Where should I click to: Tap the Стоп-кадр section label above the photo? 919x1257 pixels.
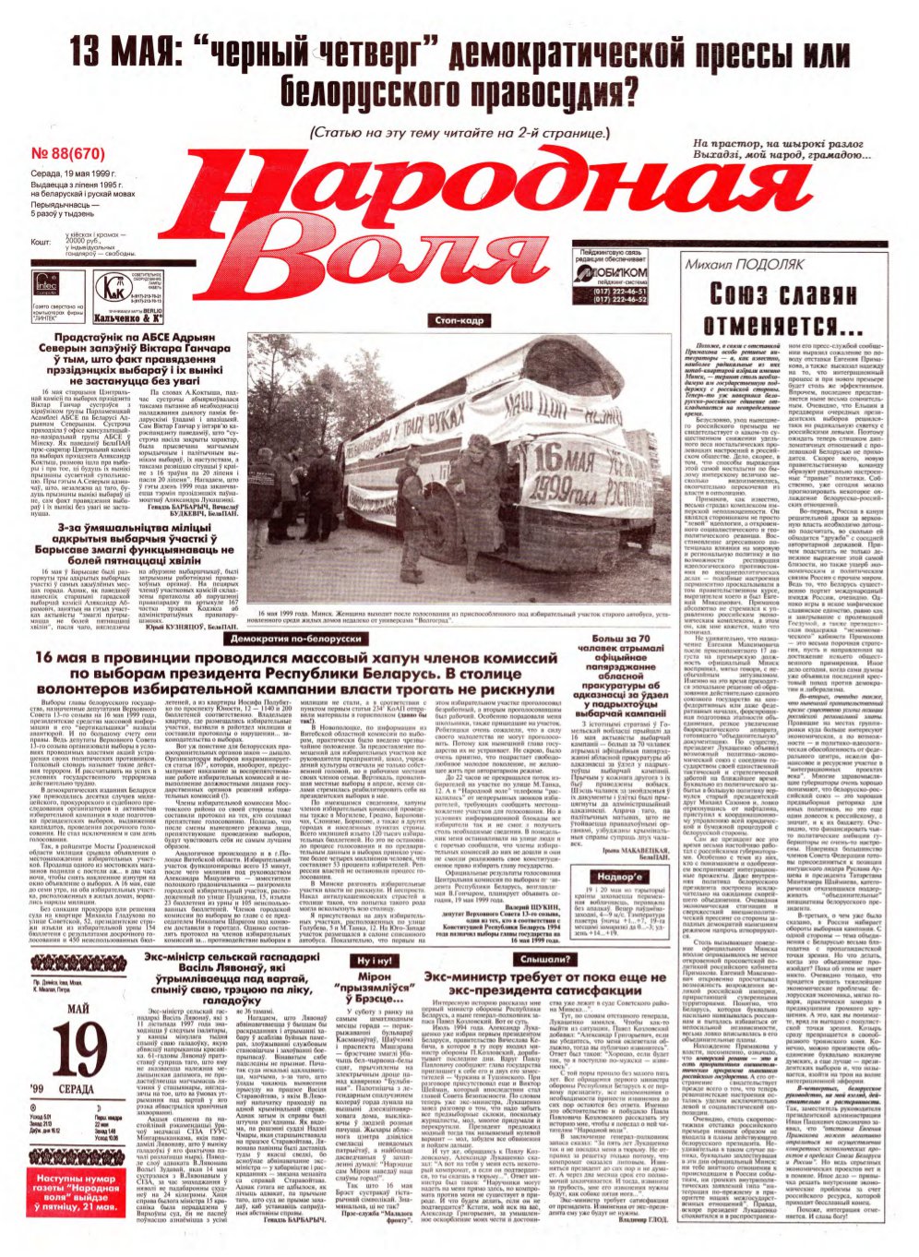point(459,320)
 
